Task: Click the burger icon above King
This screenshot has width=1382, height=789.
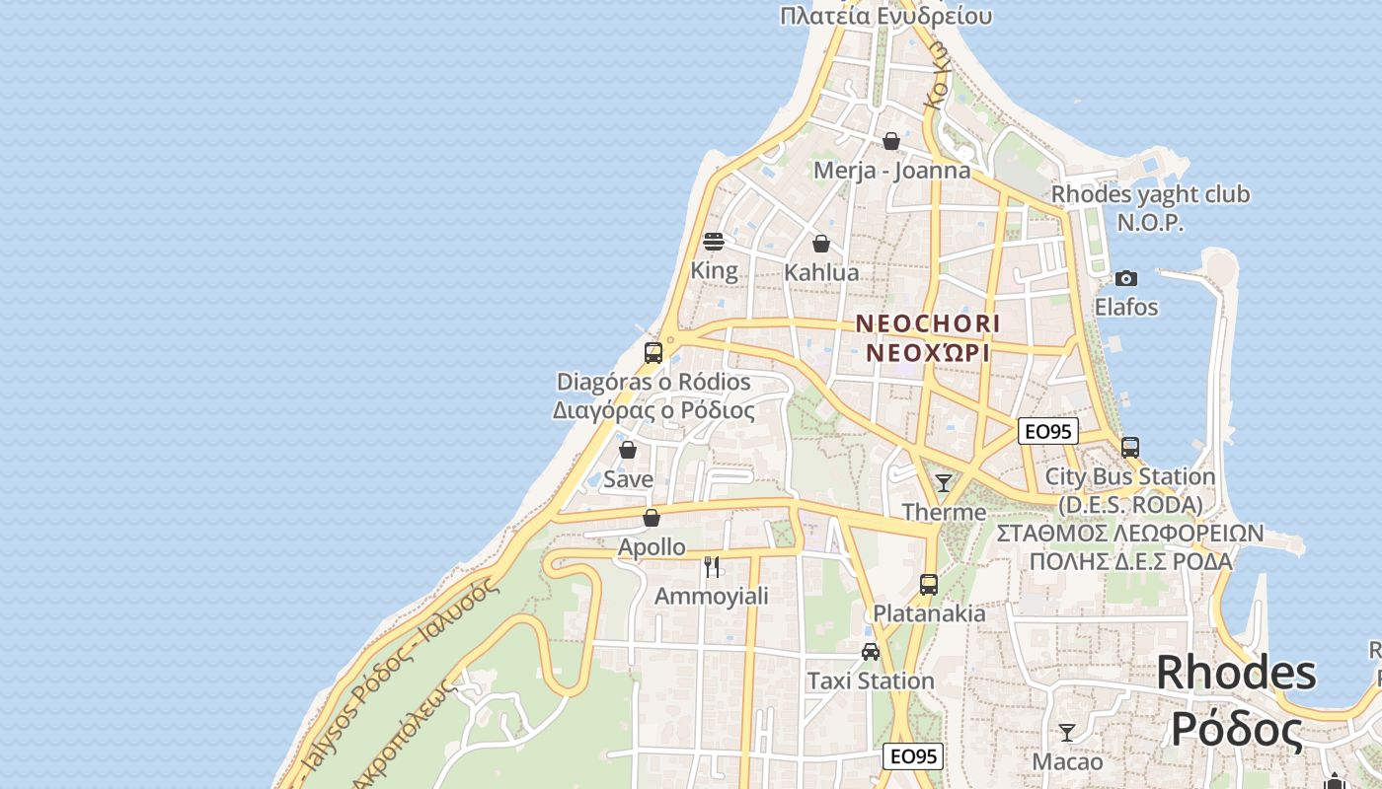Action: click(x=714, y=241)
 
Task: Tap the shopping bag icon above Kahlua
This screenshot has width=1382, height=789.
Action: click(x=820, y=243)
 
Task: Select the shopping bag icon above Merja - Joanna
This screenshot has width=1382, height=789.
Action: click(x=891, y=141)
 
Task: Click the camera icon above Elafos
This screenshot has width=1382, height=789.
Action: click(x=1125, y=278)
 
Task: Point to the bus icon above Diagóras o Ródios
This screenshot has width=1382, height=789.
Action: click(x=653, y=352)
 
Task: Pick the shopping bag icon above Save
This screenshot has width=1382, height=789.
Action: click(x=628, y=450)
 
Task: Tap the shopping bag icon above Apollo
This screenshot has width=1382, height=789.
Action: click(x=652, y=517)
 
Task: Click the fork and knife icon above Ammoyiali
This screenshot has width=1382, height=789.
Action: click(x=712, y=567)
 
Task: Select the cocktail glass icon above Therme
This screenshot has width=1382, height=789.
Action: click(x=944, y=482)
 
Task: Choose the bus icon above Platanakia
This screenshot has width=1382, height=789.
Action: click(x=928, y=584)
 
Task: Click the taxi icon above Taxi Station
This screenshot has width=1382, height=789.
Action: click(x=871, y=651)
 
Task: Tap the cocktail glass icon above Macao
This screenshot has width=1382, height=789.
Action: click(x=1066, y=733)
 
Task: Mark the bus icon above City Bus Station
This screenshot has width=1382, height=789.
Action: click(x=1130, y=447)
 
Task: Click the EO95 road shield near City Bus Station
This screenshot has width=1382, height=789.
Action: click(x=1048, y=431)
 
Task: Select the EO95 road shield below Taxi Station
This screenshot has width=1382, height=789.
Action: click(x=912, y=756)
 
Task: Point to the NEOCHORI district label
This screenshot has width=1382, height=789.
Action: click(x=928, y=323)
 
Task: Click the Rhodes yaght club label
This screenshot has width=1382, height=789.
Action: click(x=1150, y=195)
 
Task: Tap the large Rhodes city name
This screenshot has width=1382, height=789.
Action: click(x=1236, y=673)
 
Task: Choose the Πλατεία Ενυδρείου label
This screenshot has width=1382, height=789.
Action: click(x=885, y=16)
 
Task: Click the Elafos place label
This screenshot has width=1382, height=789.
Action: click(x=1126, y=307)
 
